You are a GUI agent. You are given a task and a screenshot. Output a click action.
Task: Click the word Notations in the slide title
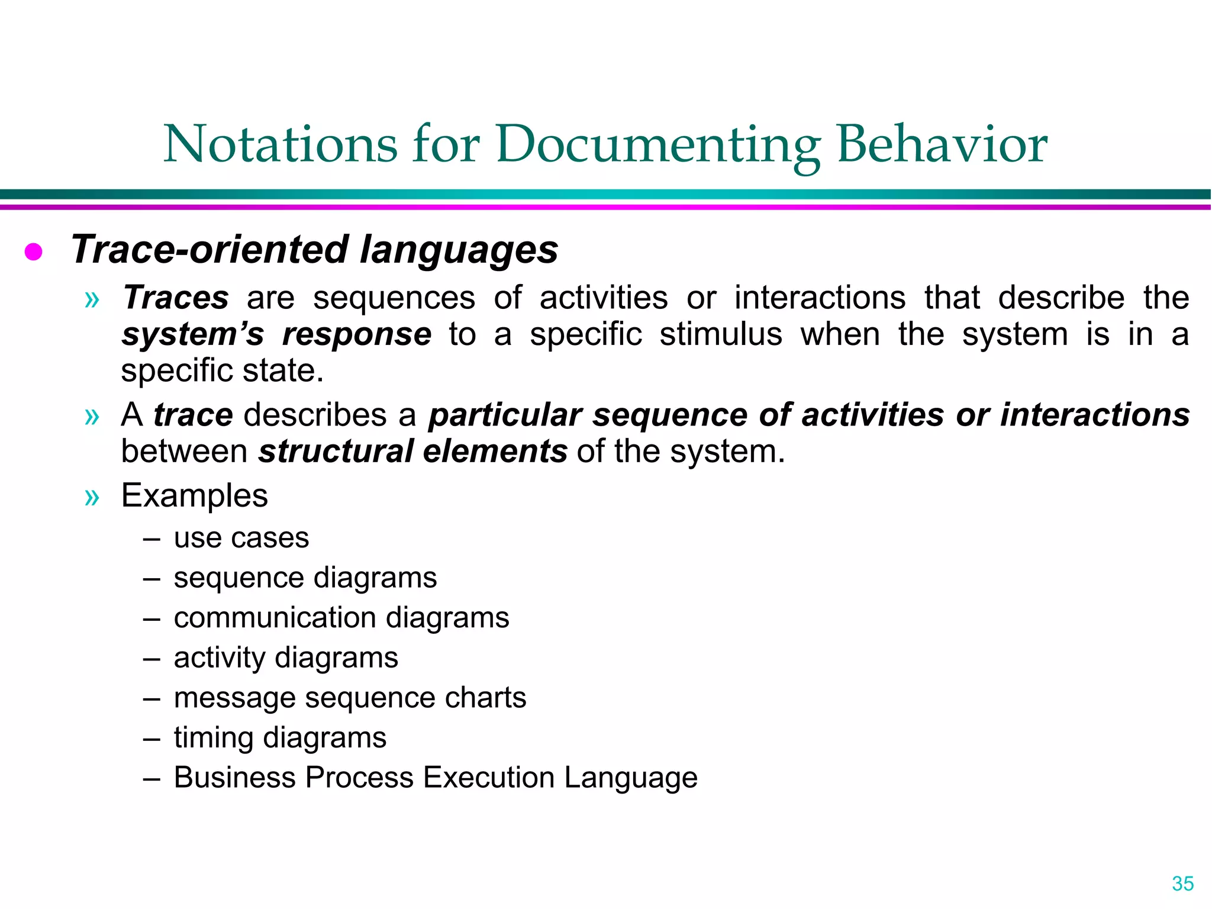pyautogui.click(x=281, y=145)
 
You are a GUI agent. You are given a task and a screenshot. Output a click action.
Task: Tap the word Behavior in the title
pyautogui.click(x=942, y=145)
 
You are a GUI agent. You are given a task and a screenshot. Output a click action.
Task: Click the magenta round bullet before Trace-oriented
pyautogui.click(x=33, y=252)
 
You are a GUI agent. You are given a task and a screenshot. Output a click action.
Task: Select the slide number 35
pyautogui.click(x=1182, y=884)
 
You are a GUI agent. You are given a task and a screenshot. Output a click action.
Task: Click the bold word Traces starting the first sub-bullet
pyautogui.click(x=176, y=298)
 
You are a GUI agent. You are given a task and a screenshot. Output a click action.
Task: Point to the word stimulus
pyautogui.click(x=721, y=334)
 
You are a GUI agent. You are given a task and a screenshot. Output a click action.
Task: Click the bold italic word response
pyautogui.click(x=357, y=335)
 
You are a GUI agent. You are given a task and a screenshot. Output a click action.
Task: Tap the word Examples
pyautogui.click(x=194, y=496)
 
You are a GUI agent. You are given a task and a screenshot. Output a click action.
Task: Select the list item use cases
pyautogui.click(x=241, y=538)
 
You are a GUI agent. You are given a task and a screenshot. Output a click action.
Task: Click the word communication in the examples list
pyautogui.click(x=275, y=618)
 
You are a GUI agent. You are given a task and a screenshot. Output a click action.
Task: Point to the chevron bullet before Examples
pyautogui.click(x=92, y=497)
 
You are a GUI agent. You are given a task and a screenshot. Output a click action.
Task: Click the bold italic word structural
pyautogui.click(x=336, y=452)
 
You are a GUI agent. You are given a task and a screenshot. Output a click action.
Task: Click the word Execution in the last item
pyautogui.click(x=489, y=777)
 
